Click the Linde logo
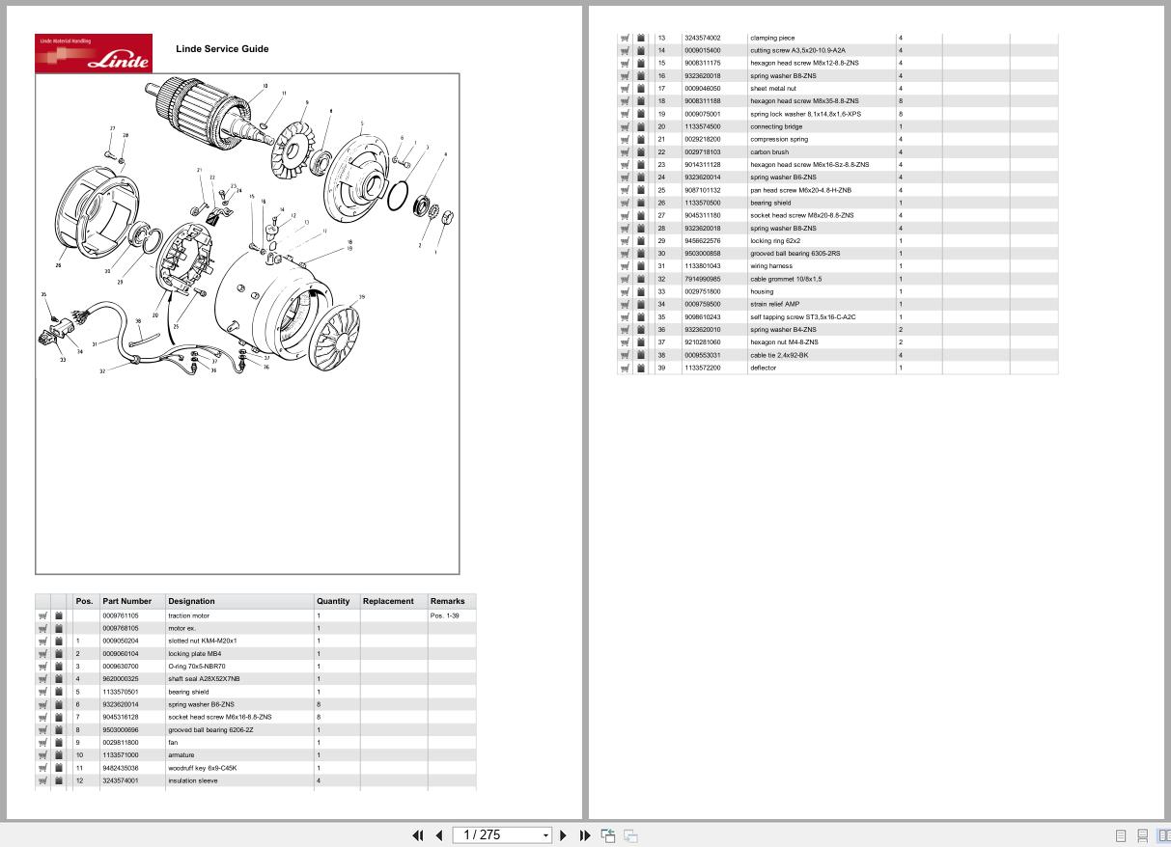click(x=94, y=53)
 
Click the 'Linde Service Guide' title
click(x=222, y=49)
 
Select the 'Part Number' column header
click(x=126, y=601)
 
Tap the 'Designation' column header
click(x=191, y=601)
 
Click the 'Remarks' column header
click(x=447, y=601)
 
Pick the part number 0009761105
click(x=121, y=615)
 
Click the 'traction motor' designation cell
click(x=188, y=615)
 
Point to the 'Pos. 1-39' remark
click(x=445, y=615)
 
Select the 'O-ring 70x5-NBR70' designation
click(x=197, y=667)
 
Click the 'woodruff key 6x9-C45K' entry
click(x=202, y=768)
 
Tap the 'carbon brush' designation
click(x=769, y=152)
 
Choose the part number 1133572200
click(x=702, y=368)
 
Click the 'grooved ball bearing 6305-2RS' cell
click(x=795, y=254)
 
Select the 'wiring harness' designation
click(x=770, y=266)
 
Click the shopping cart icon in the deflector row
click(x=625, y=368)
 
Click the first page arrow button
click(x=417, y=835)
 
